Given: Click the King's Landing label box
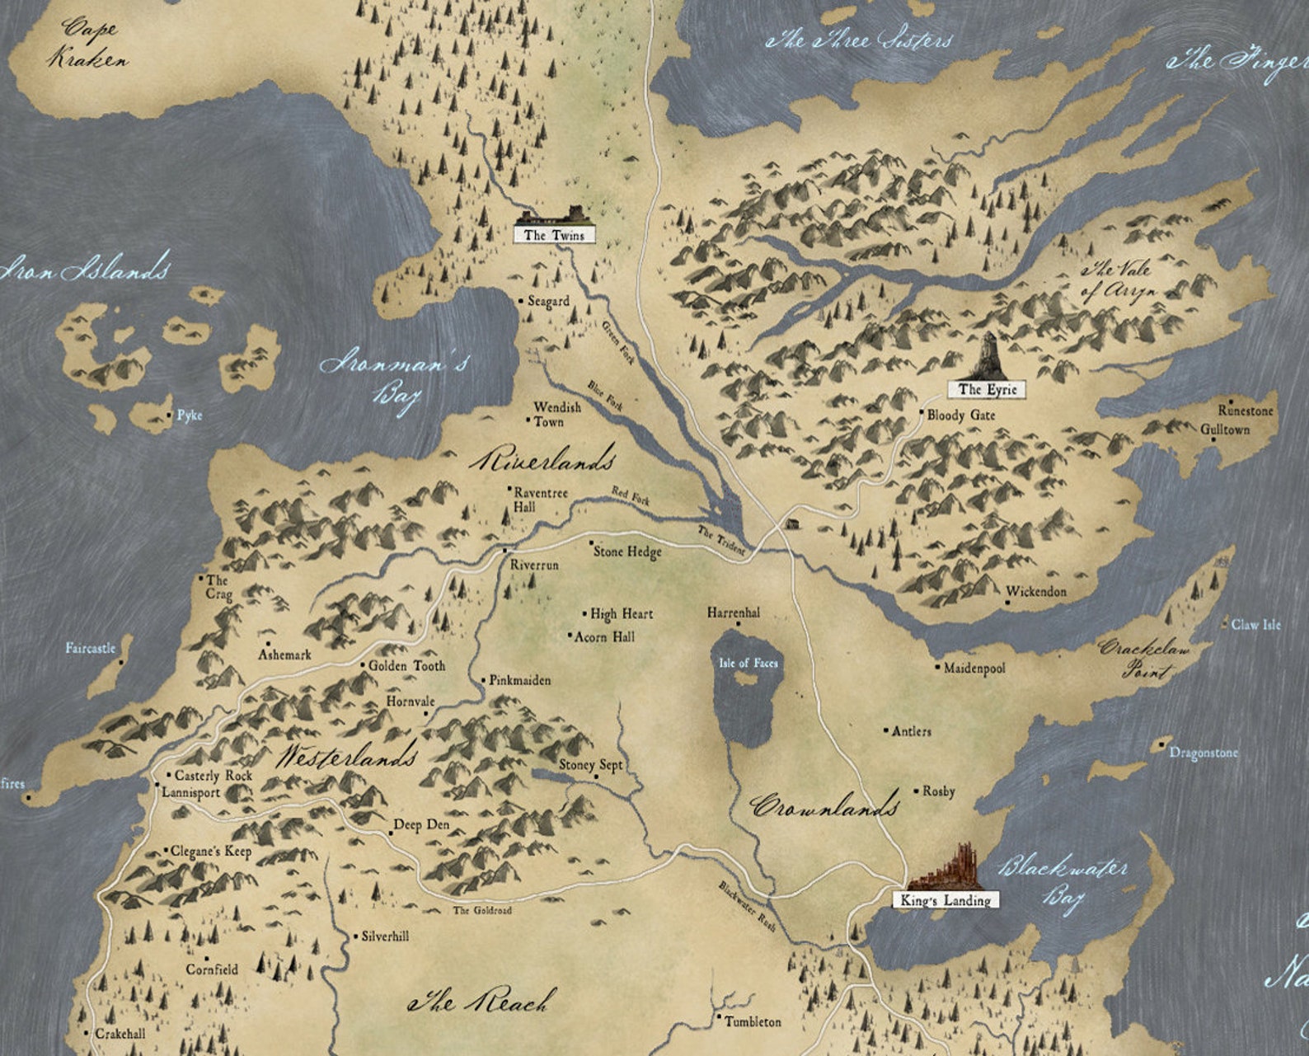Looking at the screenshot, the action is (945, 900).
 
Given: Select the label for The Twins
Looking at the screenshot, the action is (554, 235).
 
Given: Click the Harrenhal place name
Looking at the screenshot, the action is (733, 612).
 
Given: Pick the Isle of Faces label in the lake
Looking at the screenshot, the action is (748, 663).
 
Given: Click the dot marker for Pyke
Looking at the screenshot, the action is (171, 415).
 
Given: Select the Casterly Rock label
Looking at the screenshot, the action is (213, 776).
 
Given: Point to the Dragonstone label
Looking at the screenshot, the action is (1203, 753).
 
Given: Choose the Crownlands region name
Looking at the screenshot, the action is (824, 805).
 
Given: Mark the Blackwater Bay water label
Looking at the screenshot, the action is (1063, 880).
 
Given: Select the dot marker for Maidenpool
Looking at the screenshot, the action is (937, 666).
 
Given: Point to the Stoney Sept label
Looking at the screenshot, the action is (590, 765).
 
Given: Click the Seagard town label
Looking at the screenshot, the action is (548, 301).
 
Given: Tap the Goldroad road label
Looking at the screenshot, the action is (482, 910).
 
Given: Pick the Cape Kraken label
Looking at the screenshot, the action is (87, 43).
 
